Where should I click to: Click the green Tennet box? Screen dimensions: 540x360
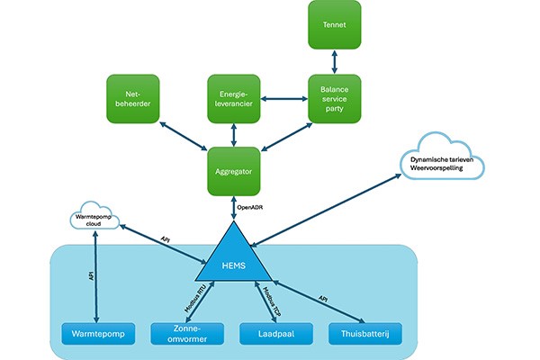tap(335, 25)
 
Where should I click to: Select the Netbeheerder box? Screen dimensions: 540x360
tap(133, 99)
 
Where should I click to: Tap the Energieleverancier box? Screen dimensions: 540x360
tap(234, 99)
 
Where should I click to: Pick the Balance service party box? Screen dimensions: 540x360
tap(335, 99)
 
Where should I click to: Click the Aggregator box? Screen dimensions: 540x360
tap(234, 172)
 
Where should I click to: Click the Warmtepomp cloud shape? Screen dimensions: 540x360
tap(94, 216)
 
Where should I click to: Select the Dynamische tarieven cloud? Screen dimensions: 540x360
tap(442, 157)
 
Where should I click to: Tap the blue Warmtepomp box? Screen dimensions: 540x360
tap(98, 334)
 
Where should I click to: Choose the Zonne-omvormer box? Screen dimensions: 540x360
tap(187, 334)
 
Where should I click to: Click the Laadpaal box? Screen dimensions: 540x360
tap(276, 334)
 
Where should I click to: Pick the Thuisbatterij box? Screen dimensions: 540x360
tap(365, 334)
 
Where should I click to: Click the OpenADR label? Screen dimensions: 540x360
tap(250, 208)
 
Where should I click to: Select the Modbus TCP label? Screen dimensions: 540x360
tap(272, 301)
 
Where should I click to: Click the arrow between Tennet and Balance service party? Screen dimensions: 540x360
tap(335, 62)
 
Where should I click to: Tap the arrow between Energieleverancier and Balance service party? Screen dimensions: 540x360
tap(284, 99)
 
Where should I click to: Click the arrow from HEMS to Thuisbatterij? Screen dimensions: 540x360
tap(319, 302)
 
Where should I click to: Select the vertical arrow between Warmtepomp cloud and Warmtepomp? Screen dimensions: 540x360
tap(96, 277)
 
